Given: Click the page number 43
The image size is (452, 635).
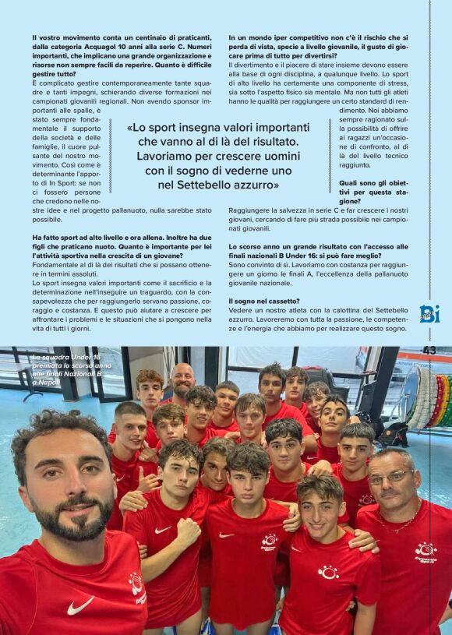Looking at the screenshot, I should (429, 351).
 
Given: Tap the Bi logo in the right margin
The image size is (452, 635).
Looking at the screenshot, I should (429, 313).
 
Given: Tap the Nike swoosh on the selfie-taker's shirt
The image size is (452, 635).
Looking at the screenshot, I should (79, 605).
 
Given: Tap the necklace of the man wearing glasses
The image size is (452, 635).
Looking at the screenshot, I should (402, 520).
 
